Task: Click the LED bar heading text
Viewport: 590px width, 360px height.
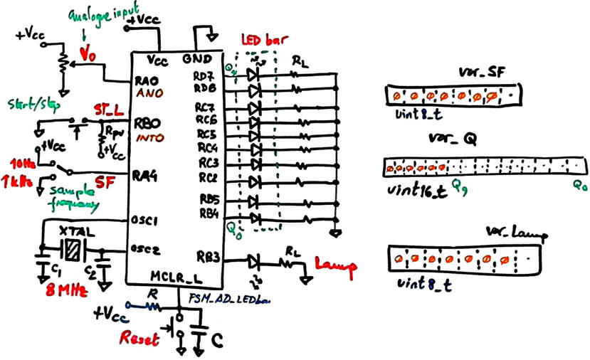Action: [259, 42]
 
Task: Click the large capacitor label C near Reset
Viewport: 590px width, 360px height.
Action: [221, 339]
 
